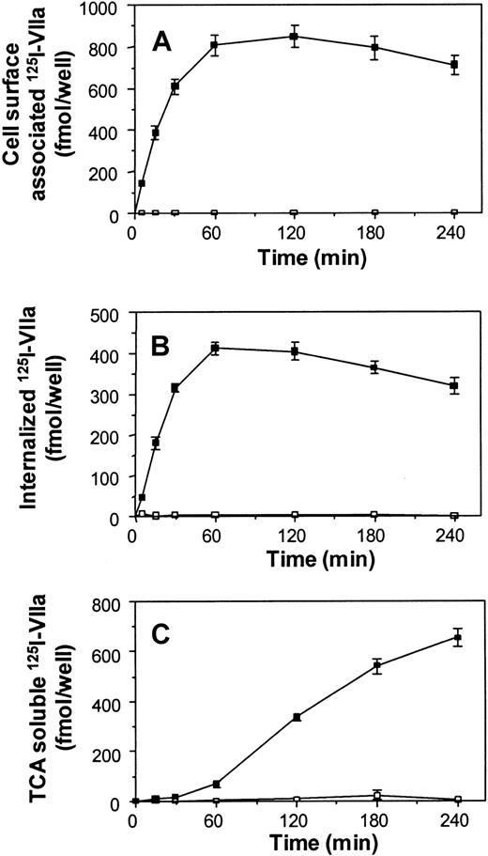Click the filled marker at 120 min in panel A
pos(294,37)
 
